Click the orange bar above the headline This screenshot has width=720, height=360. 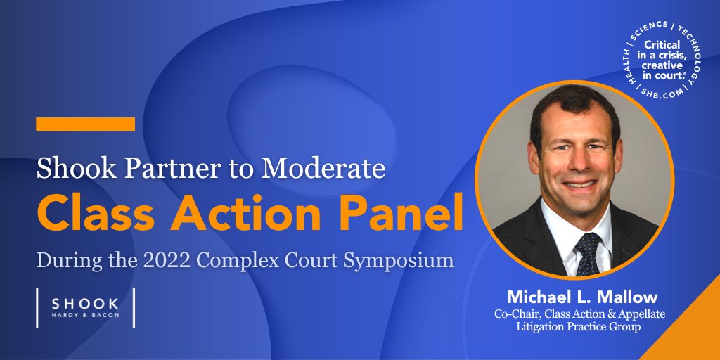point(85,124)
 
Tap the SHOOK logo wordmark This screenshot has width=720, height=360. point(84,302)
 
